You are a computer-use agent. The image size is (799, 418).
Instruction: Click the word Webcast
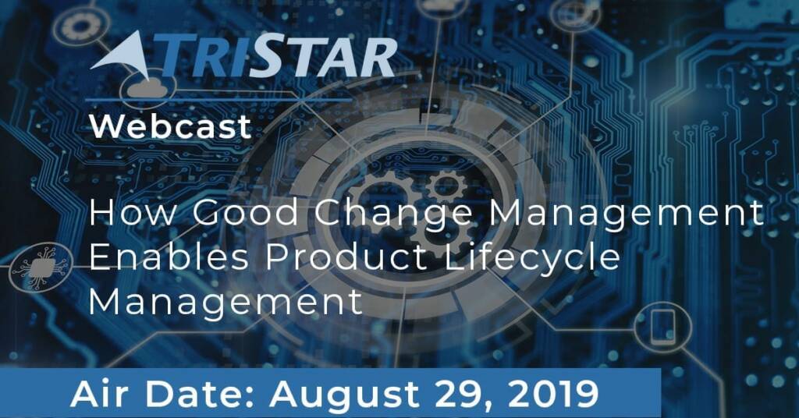pos(170,126)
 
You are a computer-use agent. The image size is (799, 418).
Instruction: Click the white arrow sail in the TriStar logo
pos(120,55)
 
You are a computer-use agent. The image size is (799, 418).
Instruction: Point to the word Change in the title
pos(393,214)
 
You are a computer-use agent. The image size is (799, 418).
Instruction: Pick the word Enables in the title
pos(169,257)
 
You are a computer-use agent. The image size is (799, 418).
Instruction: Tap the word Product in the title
pos(346,257)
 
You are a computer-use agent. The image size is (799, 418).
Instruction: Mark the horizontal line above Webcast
pos(218,100)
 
